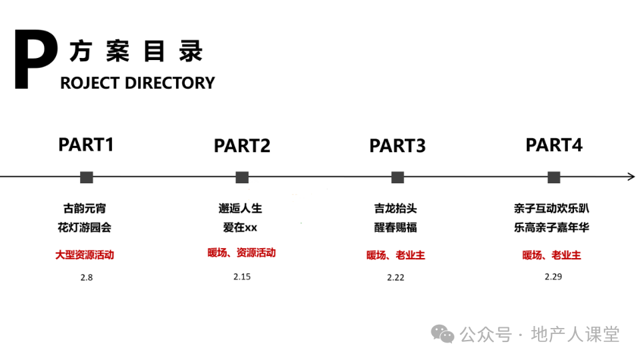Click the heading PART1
coord(86,145)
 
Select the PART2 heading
coord(242,146)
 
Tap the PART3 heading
coord(397,146)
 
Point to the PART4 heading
coord(554,145)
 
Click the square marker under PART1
coord(87,177)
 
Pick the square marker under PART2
coord(242,177)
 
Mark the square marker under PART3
coord(397,177)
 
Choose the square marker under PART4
coord(554,177)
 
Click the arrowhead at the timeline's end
coord(632,177)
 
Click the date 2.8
coord(87,277)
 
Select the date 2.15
coord(242,277)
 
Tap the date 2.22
coord(395,277)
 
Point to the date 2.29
coord(553,277)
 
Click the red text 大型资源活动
coord(85,255)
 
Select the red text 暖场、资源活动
coord(241,253)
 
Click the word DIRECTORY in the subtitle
coord(170,83)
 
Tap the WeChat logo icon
coord(443,334)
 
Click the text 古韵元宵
coord(85,209)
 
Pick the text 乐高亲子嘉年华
coord(551,227)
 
